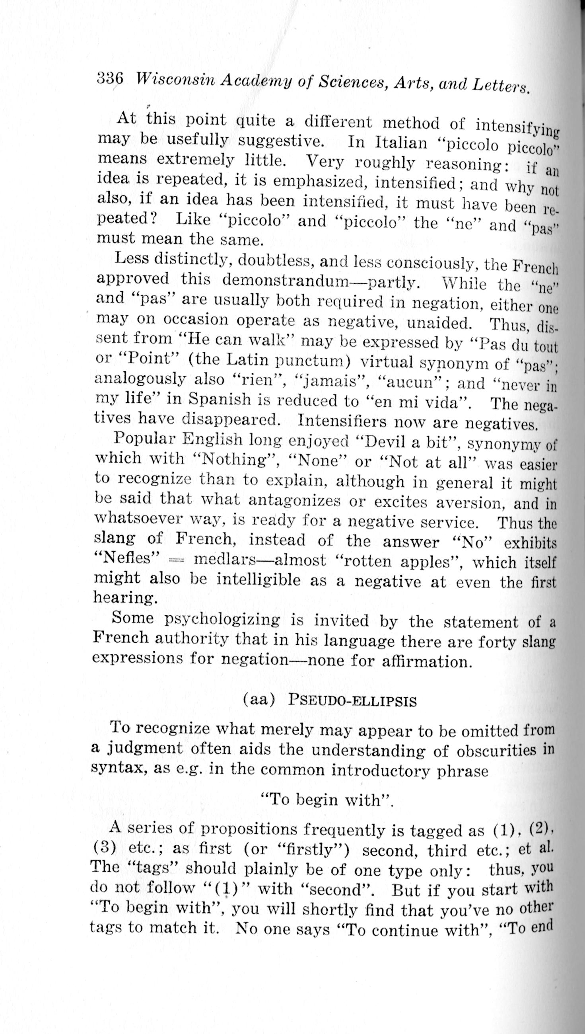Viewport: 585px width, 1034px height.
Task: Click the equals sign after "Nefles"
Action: pos(177,560)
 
